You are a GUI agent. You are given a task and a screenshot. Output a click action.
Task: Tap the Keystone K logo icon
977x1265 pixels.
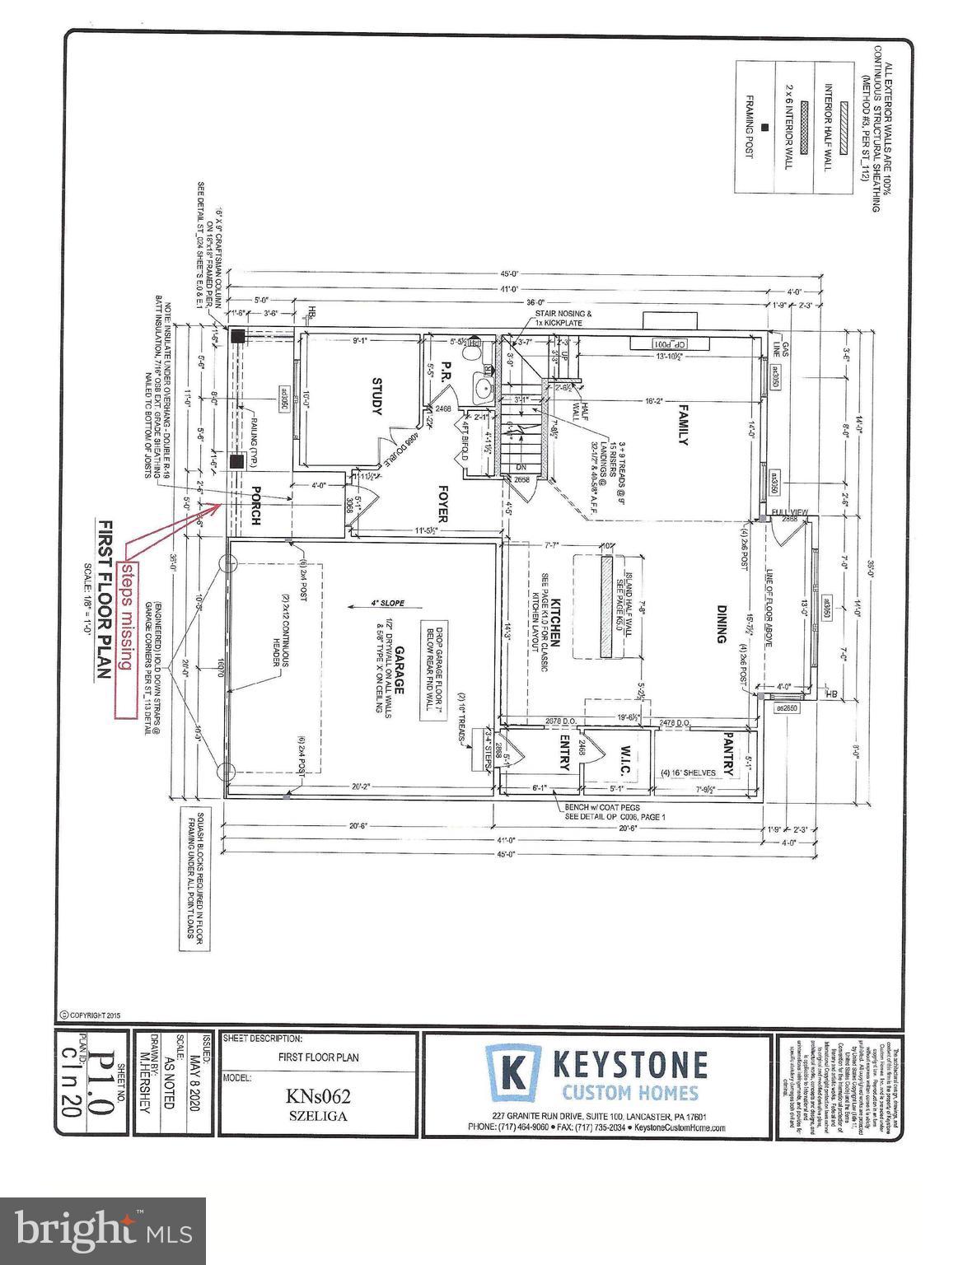[x=512, y=1072]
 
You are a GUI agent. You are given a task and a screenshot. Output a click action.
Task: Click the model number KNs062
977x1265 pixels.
[x=318, y=1095]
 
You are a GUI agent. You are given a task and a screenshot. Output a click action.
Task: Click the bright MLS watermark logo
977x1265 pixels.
[x=104, y=1230]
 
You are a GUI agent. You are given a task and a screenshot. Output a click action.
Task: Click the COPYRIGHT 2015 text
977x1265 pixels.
[x=91, y=1015]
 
